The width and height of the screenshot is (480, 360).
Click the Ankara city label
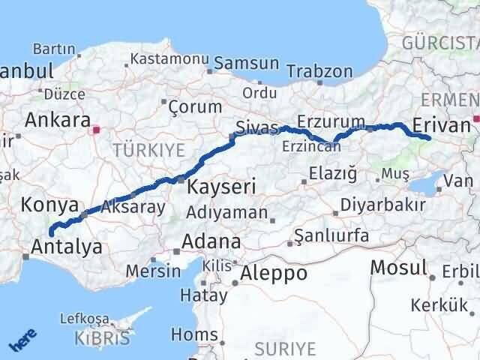click(x=57, y=119)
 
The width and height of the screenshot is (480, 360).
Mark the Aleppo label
click(x=274, y=273)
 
